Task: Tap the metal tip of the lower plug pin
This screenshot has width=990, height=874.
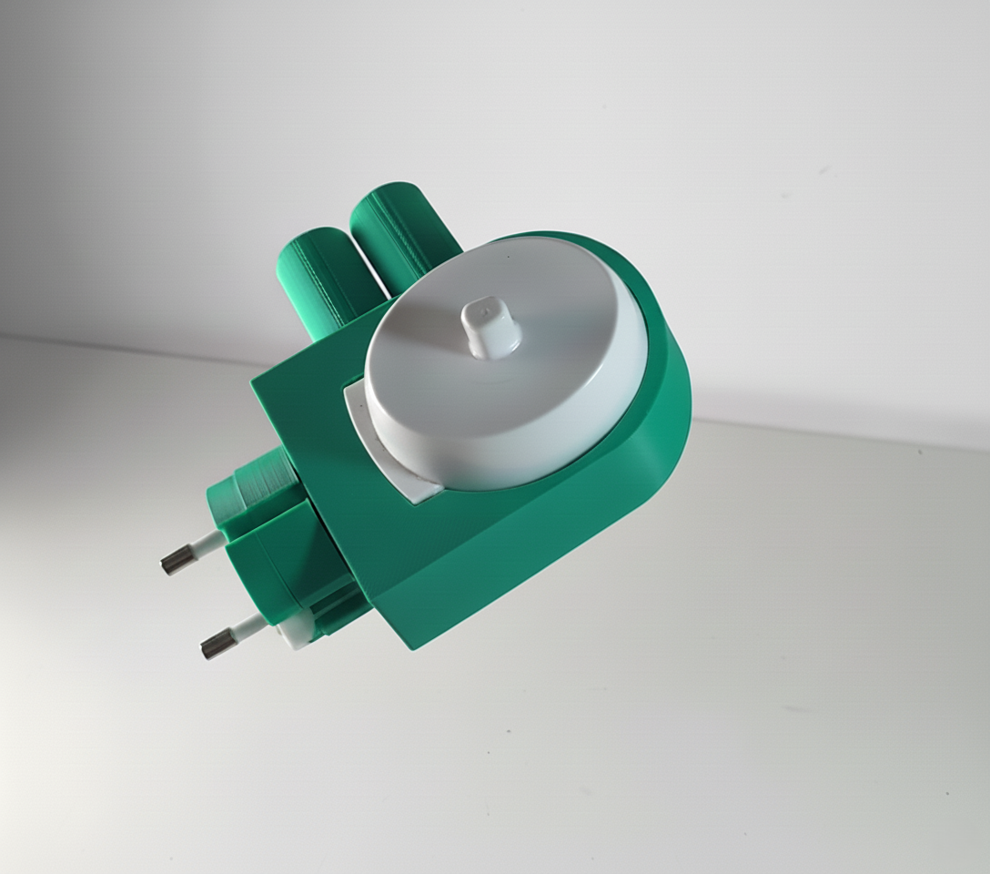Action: point(215,645)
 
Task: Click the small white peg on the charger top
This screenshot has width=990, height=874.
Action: point(490,328)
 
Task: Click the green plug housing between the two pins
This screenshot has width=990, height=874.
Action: point(264,564)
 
